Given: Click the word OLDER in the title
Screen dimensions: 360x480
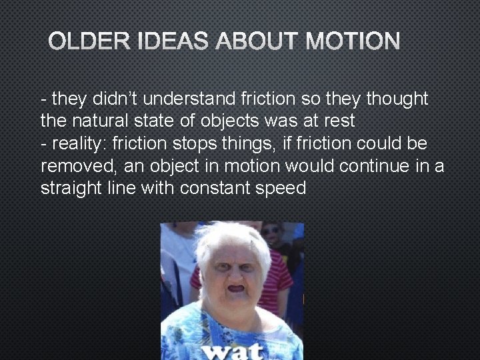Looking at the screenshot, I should click(x=81, y=43).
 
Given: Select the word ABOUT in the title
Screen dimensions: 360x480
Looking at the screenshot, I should click(x=255, y=43).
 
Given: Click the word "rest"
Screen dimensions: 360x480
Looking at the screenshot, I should click(x=339, y=121).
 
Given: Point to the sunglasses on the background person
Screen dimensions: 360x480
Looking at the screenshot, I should click(x=271, y=231).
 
